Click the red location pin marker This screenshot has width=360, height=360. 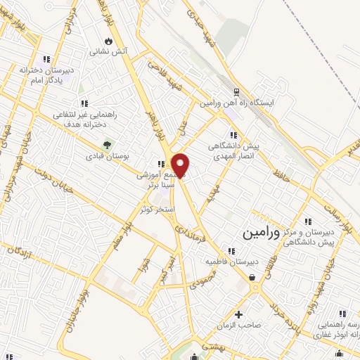pyautogui.click(x=181, y=165)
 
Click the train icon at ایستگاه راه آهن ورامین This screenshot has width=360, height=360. pyautogui.click(x=236, y=91)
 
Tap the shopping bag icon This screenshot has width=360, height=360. pyautogui.click(x=252, y=278)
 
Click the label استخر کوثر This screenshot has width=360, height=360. pyautogui.click(x=156, y=210)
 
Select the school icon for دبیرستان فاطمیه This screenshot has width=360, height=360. pyautogui.click(x=231, y=251)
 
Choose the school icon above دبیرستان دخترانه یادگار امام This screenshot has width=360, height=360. pyautogui.click(x=46, y=59)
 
